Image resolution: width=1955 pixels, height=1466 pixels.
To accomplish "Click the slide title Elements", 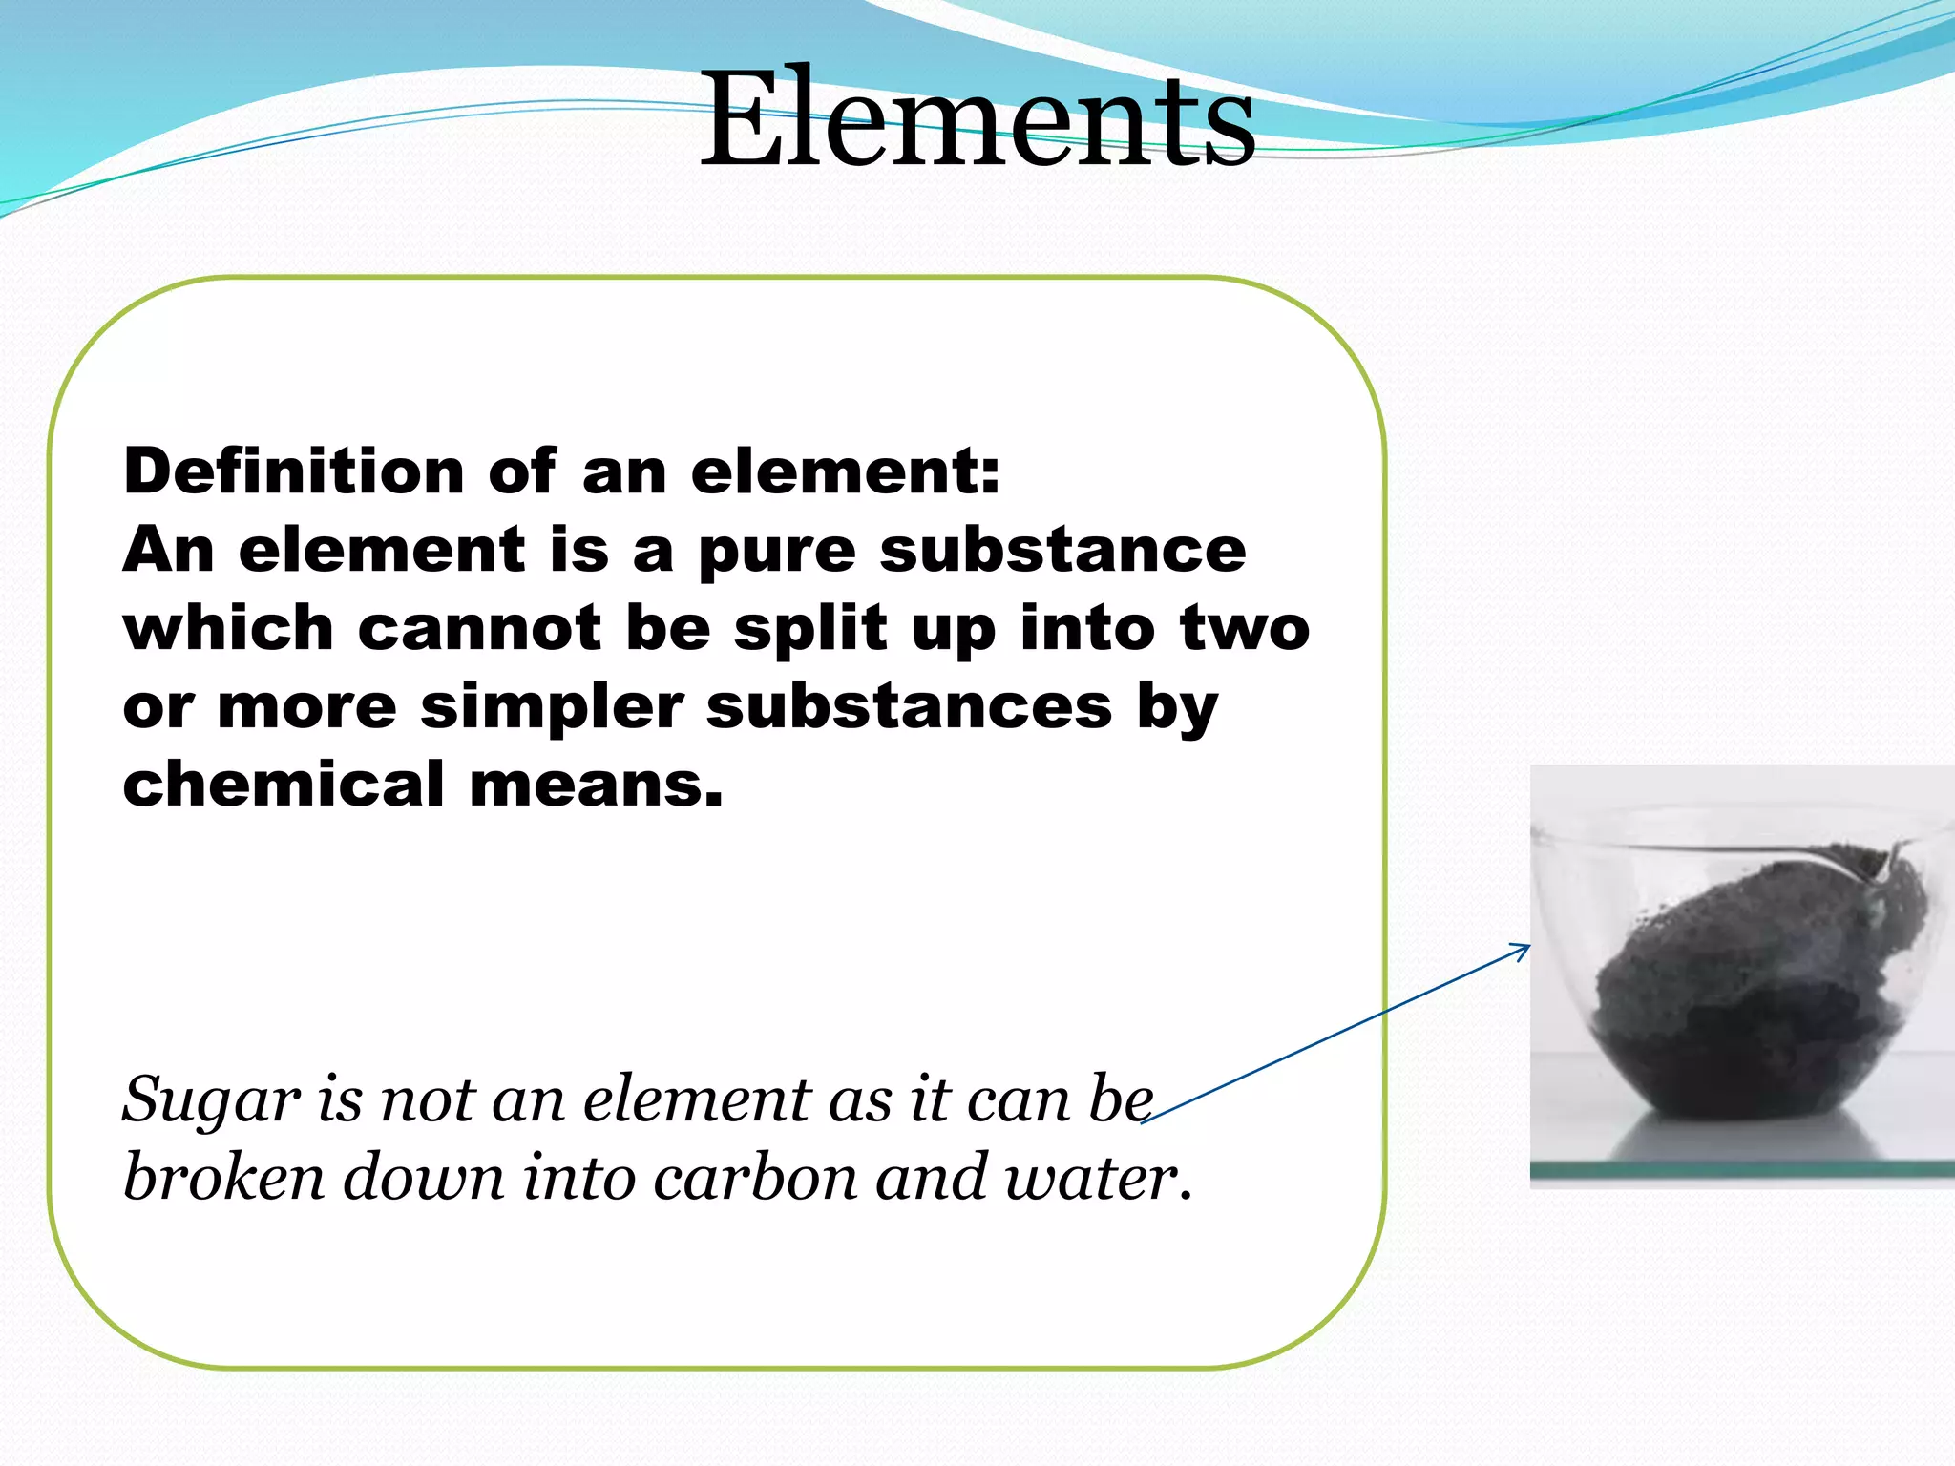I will pos(977,119).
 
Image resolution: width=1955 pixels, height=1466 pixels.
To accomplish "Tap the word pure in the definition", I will pos(776,552).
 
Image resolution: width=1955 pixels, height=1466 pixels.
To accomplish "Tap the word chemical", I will pos(284,785).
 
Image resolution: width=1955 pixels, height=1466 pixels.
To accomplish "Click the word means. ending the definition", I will pos(597,785).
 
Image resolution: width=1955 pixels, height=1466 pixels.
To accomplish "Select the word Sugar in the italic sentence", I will pos(211,1100).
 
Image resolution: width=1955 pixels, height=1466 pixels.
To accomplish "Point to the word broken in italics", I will pos(224,1177).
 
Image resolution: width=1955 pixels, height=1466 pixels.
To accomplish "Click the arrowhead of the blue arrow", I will pos(1524,948).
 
